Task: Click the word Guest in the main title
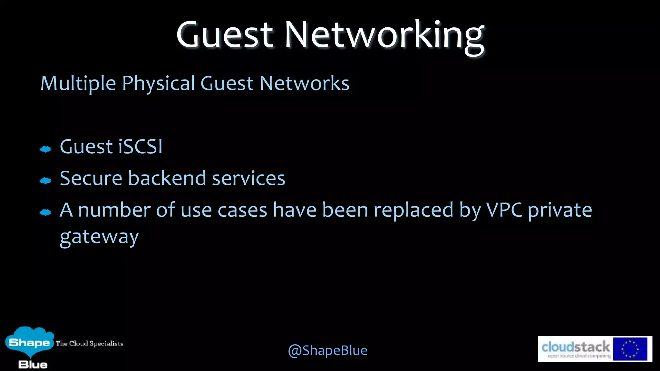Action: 225,34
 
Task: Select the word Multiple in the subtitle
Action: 78,83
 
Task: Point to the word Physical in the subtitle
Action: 159,83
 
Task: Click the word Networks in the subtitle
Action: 304,83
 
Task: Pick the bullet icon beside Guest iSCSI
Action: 45,149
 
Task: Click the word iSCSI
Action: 141,147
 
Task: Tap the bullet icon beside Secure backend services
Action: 45,181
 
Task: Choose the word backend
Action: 167,178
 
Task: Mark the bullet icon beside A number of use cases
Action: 45,212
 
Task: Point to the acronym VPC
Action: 504,210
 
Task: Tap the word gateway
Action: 99,238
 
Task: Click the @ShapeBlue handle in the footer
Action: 327,350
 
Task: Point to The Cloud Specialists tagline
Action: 89,344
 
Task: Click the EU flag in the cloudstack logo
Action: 630,349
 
